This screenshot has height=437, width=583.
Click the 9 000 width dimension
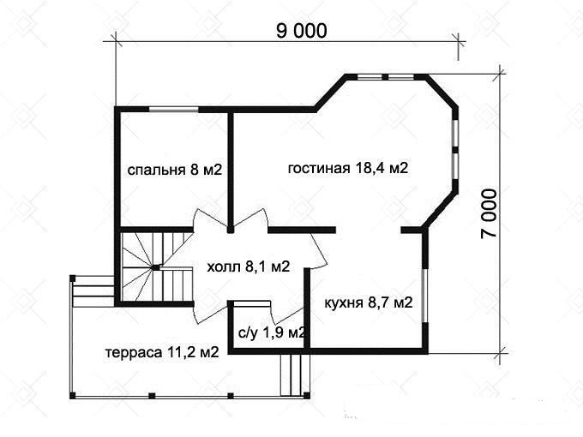(302, 31)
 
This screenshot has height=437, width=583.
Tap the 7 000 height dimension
(489, 213)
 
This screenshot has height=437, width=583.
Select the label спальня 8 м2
(175, 170)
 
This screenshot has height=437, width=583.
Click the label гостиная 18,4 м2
(348, 168)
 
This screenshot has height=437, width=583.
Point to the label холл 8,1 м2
(249, 266)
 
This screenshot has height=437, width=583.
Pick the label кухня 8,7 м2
(369, 302)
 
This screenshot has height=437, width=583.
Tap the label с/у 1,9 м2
(272, 332)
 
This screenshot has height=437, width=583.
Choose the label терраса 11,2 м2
(162, 352)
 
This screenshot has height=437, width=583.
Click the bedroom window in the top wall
(174, 110)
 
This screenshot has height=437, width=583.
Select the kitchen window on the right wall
(425, 295)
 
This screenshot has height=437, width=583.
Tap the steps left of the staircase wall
(93, 291)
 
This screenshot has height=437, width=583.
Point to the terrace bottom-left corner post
(73, 396)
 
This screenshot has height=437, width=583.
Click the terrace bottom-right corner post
(306, 395)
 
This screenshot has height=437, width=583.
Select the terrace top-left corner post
(73, 278)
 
